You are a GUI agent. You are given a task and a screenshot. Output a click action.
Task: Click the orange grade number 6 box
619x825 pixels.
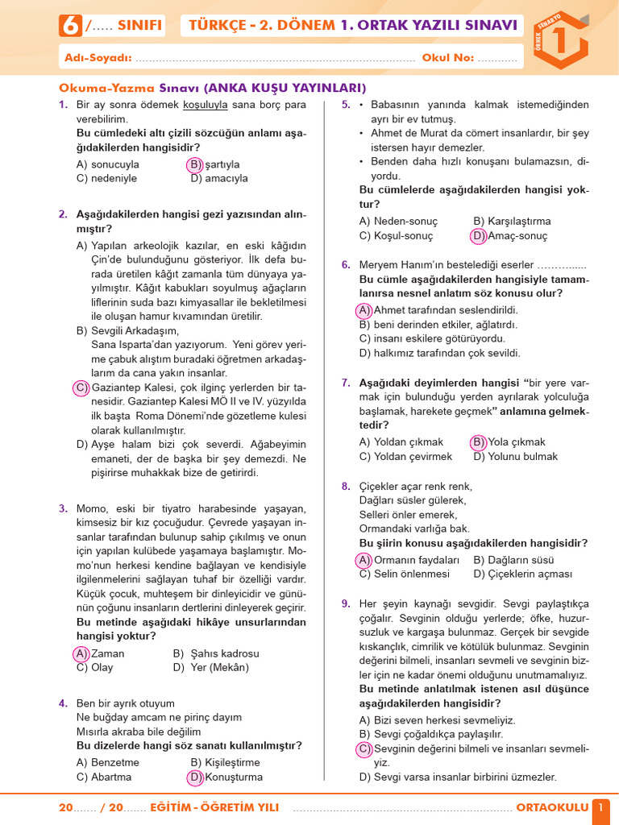click(70, 26)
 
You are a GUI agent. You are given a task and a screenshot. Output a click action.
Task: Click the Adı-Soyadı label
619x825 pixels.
click(95, 58)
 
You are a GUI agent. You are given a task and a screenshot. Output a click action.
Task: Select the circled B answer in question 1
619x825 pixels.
click(195, 164)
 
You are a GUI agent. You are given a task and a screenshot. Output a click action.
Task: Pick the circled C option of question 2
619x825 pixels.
click(81, 388)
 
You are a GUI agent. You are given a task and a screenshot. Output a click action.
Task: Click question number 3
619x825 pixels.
click(63, 508)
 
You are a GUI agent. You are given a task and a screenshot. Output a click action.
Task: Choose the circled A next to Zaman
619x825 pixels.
click(81, 653)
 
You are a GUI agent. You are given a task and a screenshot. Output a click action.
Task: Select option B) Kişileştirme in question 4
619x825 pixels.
click(225, 762)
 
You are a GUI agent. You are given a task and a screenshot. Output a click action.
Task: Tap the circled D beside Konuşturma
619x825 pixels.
click(195, 777)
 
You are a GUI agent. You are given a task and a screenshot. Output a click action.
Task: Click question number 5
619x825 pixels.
click(346, 105)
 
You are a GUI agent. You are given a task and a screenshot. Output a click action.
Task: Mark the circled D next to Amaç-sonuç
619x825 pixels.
click(478, 236)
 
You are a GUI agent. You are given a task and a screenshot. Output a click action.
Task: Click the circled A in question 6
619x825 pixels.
click(364, 310)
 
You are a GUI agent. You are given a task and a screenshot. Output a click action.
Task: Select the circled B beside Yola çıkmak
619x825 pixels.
click(478, 442)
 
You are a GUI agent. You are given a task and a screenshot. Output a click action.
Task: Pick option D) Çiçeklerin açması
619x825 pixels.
click(522, 574)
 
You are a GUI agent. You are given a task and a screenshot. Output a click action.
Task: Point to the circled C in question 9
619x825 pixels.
click(364, 748)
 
